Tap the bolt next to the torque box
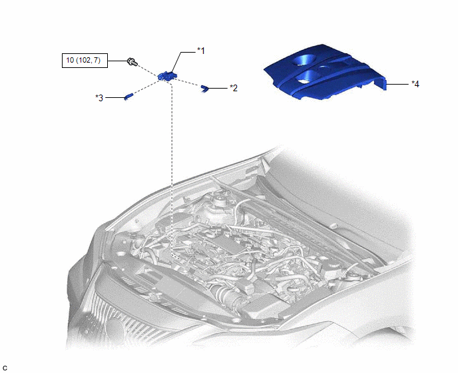[132, 62]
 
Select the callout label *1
[201, 51]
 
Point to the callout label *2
[234, 88]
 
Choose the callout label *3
[99, 98]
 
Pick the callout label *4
[415, 84]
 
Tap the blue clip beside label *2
[204, 88]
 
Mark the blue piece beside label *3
[129, 96]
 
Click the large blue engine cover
[325, 71]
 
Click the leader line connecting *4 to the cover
[397, 84]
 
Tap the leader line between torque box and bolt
[118, 61]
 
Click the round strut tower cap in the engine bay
[218, 201]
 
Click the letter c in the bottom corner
[5, 368]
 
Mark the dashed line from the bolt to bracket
[148, 69]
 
